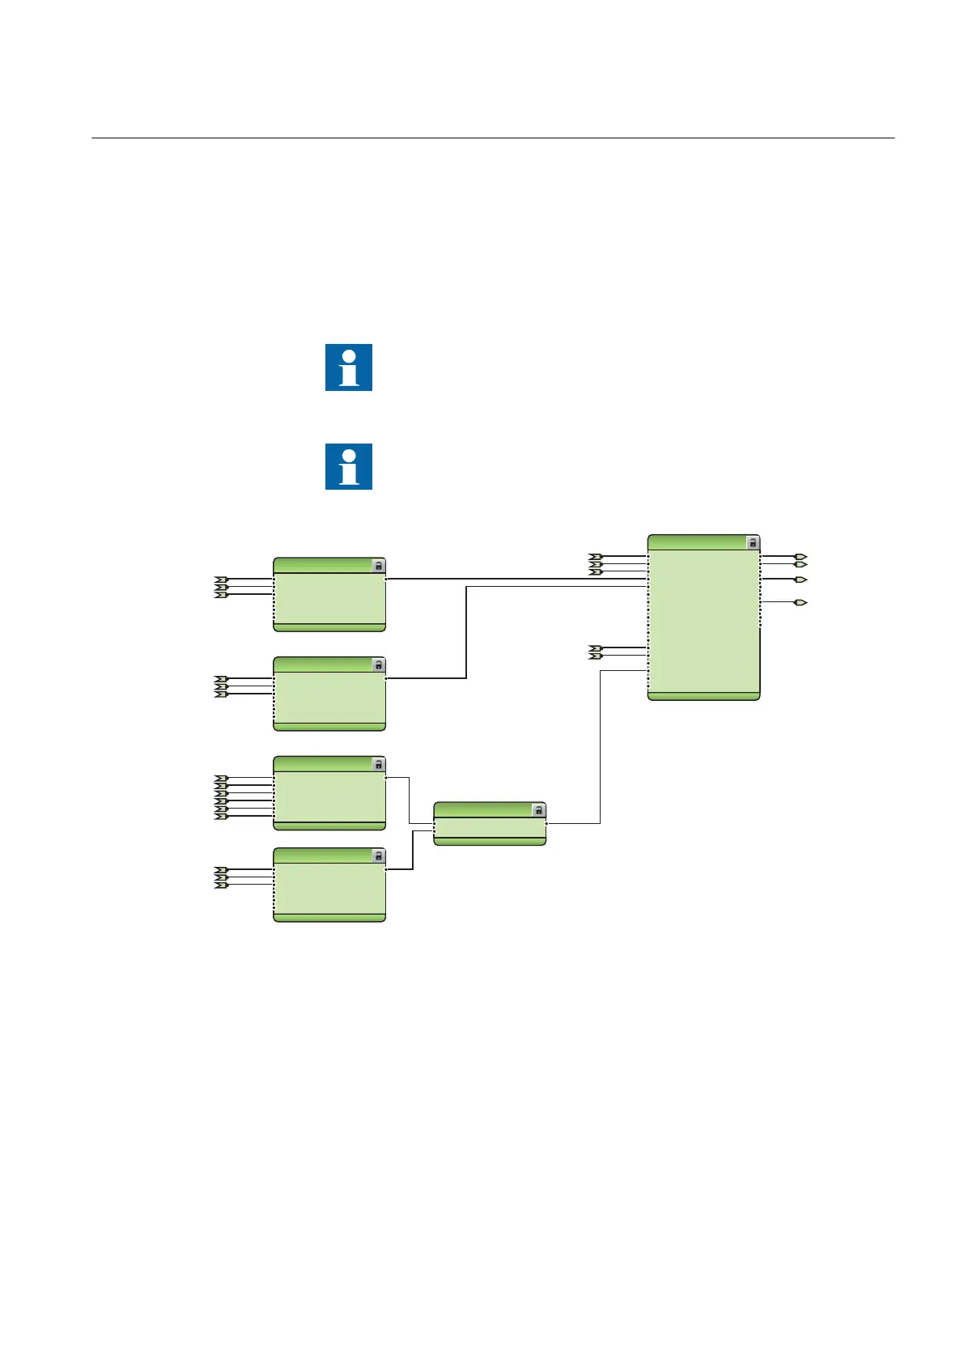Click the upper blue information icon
coord(349,367)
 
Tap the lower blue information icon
coord(349,466)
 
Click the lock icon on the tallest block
coord(753,543)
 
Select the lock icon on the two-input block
coord(539,810)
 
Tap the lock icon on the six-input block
coord(378,765)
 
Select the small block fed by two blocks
coord(490,824)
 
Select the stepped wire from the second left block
coord(467,632)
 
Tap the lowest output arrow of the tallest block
coord(801,603)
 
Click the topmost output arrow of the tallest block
coord(801,558)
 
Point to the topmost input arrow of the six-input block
coord(221,778)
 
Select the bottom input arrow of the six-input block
coord(221,817)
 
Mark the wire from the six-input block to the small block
coord(409,800)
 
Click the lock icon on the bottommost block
coord(378,856)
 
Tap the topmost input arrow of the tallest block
coord(595,557)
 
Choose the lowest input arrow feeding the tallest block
coord(595,656)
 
